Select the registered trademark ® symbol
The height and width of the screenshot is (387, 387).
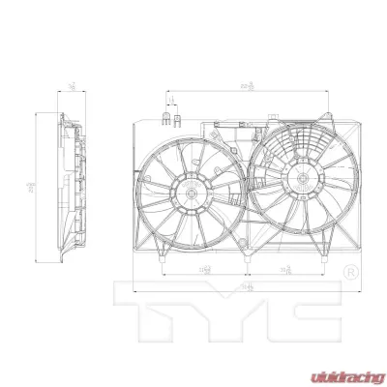point(351,274)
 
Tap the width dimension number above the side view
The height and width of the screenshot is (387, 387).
point(74,88)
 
